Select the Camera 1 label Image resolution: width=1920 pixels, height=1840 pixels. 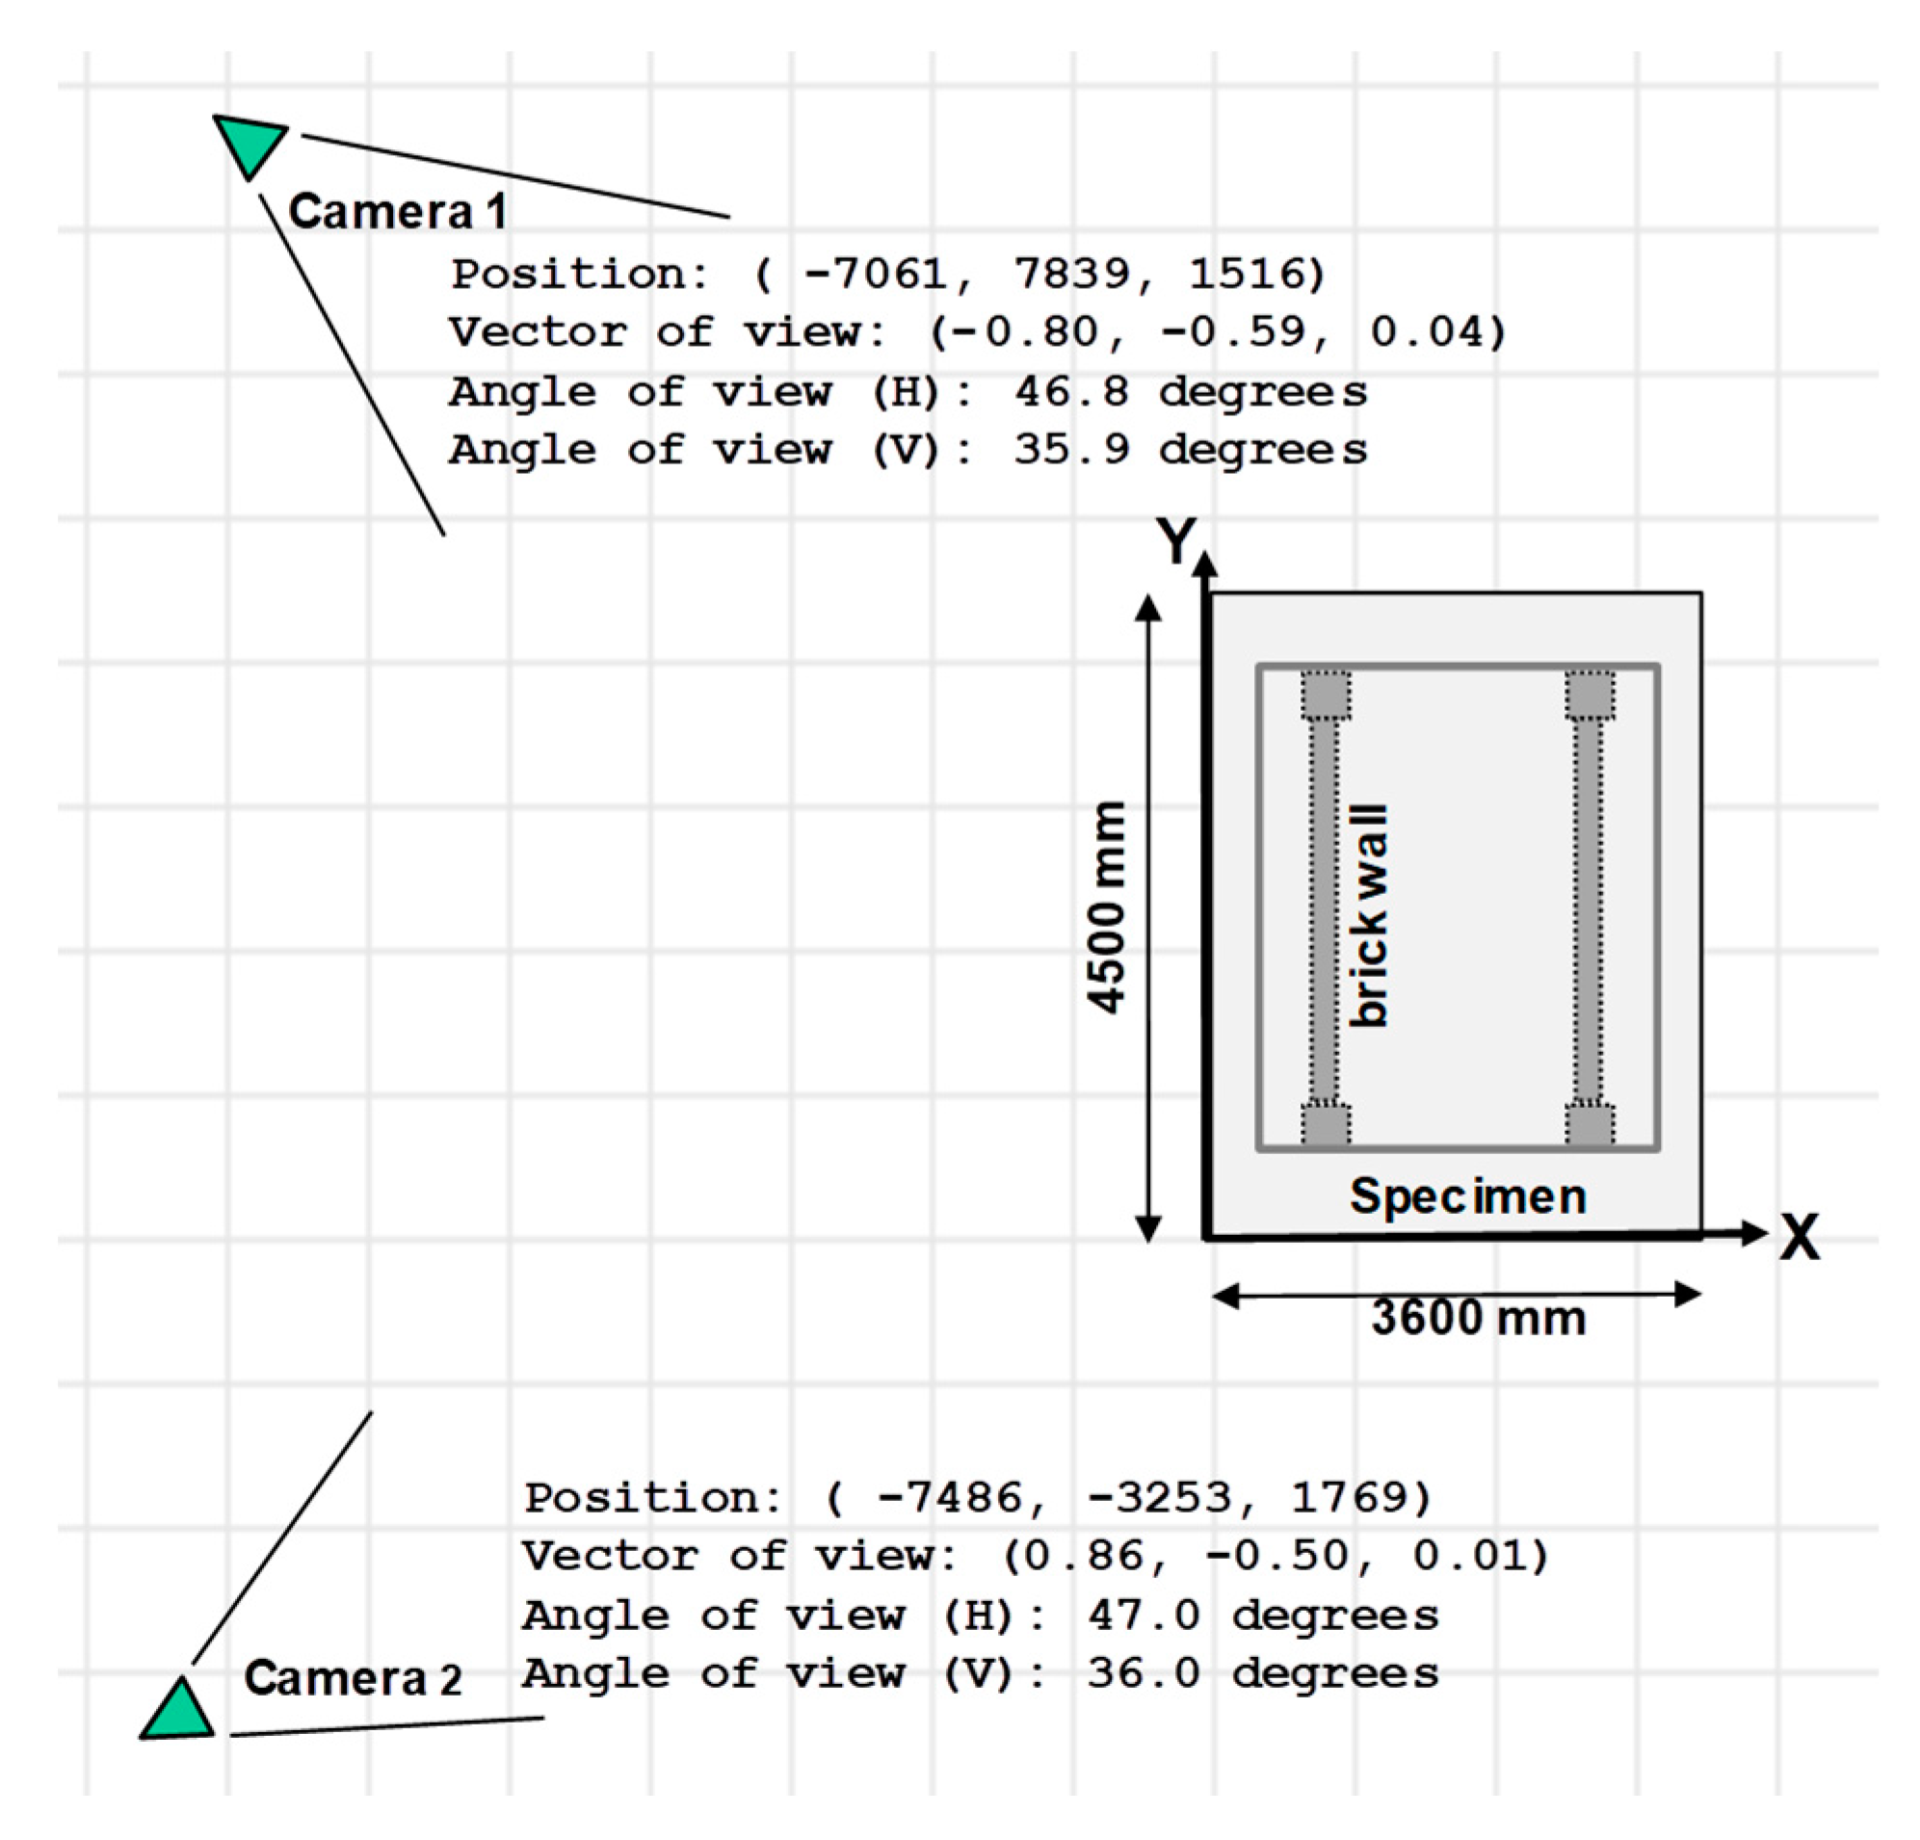(398, 212)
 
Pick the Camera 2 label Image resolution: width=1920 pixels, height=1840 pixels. (353, 1678)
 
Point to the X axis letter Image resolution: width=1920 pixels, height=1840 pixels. (1800, 1237)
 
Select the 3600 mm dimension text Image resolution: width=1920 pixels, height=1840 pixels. (1478, 1318)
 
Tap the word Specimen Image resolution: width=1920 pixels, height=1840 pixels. (1467, 1196)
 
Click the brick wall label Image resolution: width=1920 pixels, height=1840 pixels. (1369, 916)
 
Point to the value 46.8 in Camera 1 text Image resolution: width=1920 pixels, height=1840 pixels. (1071, 393)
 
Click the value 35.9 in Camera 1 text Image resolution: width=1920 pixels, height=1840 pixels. (1071, 451)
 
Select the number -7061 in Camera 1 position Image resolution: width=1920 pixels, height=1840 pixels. (875, 275)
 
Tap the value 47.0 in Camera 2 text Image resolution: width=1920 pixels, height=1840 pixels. (1144, 1616)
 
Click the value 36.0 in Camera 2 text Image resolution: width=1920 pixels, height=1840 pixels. (1144, 1673)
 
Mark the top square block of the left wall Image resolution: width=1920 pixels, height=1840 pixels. (1327, 696)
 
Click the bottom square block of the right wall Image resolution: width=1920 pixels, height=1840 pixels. (1590, 1125)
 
